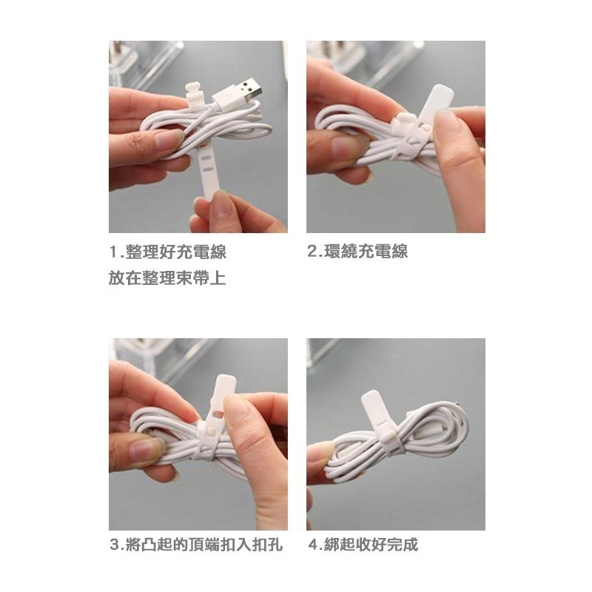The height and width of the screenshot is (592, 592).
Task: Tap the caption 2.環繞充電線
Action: point(357,252)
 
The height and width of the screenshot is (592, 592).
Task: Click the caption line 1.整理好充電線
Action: point(167,252)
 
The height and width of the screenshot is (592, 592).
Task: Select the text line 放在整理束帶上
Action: point(167,278)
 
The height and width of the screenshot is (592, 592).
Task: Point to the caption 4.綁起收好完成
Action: point(363,546)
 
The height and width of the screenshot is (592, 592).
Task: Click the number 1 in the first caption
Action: point(113,252)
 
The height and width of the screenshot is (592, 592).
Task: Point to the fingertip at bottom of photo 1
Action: point(211,215)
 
